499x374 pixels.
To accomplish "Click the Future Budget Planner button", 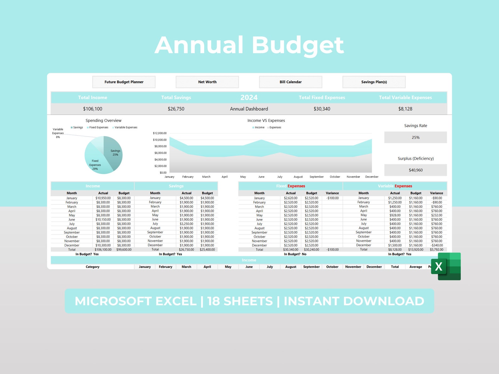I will click(x=124, y=82).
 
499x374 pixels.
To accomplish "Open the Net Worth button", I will click(x=207, y=82).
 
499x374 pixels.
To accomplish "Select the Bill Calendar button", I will click(x=290, y=82).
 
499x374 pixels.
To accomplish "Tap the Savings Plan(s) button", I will click(x=374, y=82).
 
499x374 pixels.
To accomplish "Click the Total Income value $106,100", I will click(x=93, y=109).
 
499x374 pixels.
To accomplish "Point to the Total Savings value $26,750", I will click(x=176, y=109).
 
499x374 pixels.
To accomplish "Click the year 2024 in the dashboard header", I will click(x=249, y=98).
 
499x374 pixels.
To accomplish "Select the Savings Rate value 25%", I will click(x=415, y=138).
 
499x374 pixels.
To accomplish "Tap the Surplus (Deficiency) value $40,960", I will click(x=415, y=170).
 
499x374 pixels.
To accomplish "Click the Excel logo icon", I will click(x=446, y=266).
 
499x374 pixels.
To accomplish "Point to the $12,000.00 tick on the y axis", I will click(x=160, y=133).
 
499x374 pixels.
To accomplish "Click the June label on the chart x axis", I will click(x=261, y=177).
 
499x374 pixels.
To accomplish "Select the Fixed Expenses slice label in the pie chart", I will click(x=95, y=165).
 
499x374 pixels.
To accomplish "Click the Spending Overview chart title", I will click(x=103, y=121).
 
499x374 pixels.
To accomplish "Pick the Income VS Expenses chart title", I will click(x=266, y=121).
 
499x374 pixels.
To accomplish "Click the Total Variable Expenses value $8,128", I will click(x=405, y=109).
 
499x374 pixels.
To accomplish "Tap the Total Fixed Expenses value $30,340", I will click(x=322, y=109).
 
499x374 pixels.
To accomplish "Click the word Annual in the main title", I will click(x=199, y=45).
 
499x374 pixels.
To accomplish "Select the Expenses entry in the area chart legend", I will click(x=275, y=127).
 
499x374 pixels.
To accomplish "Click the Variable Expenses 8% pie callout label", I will click(x=58, y=133).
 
